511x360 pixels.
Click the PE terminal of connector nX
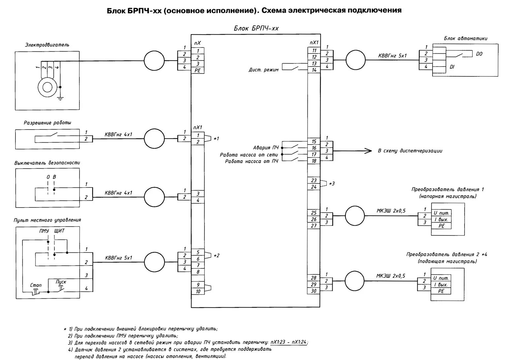click(198, 70)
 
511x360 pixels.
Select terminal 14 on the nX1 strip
click(314, 70)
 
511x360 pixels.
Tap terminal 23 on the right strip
click(314, 180)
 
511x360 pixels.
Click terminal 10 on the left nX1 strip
click(198, 291)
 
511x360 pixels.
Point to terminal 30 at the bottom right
click(314, 291)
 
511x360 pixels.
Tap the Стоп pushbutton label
click(35, 285)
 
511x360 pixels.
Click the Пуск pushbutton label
click(61, 282)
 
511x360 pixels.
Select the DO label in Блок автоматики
click(479, 54)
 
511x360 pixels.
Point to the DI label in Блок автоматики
click(452, 67)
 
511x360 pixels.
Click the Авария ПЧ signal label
click(266, 148)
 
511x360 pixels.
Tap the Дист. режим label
click(263, 70)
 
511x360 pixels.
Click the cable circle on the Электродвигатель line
click(154, 61)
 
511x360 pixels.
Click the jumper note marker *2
click(216, 255)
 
